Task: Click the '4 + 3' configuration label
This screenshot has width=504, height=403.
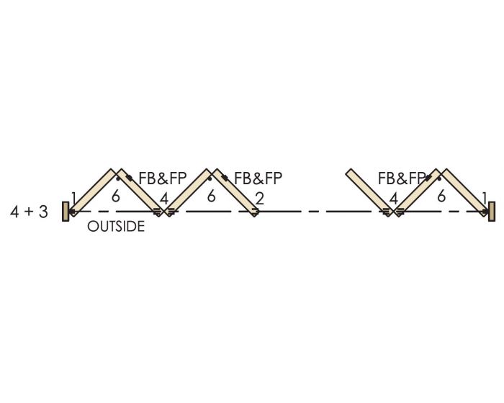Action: point(29,212)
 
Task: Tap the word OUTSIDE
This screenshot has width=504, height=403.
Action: point(116,227)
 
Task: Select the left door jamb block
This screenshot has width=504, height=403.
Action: point(66,212)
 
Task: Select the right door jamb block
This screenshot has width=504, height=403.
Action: point(492,212)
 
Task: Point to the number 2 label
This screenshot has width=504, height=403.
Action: point(260,199)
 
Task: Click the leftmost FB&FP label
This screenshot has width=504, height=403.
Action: point(162,178)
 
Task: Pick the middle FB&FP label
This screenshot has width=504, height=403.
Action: point(258,178)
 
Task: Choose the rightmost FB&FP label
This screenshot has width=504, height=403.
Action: point(402,178)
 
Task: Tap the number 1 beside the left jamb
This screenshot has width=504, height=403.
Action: point(74,199)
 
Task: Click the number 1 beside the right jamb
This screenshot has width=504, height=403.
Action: point(485,199)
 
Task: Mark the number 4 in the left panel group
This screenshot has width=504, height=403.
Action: point(164,199)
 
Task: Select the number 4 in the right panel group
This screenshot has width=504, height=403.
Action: point(393,199)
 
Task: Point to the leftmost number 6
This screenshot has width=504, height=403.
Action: point(116,196)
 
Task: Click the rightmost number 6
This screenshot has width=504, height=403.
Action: point(441,196)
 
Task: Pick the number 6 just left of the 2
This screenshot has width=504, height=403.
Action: point(211,196)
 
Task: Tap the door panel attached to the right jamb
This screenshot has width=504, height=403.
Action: point(464,193)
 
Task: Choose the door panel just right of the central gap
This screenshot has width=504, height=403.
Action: point(369,193)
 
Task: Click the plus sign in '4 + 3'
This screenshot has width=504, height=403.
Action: point(29,212)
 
